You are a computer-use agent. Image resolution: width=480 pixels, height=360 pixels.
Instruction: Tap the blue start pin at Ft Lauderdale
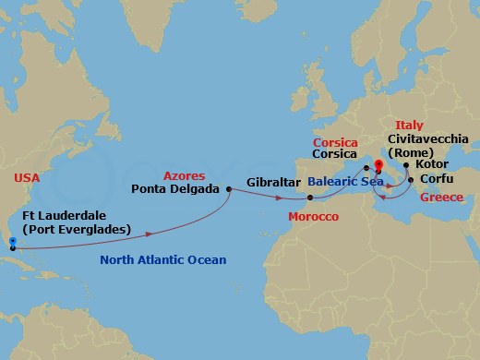12,244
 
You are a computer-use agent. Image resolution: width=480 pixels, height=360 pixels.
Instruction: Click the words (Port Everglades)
77,229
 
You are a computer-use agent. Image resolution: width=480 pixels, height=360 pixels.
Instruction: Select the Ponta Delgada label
175,188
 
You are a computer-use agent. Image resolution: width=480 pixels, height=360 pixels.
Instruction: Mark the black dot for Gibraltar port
310,198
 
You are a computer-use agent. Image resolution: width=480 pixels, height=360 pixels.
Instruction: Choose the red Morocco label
313,216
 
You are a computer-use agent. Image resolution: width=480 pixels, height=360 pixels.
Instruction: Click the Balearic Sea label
345,182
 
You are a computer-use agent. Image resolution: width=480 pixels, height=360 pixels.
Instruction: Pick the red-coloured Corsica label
335,143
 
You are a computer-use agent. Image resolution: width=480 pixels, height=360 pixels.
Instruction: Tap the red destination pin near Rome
378,167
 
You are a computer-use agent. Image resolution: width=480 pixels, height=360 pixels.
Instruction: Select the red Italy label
409,125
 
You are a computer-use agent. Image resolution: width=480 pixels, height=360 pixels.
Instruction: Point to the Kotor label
432,164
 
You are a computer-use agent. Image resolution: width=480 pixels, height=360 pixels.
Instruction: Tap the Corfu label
436,179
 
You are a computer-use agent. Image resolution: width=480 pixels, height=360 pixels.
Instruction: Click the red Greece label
441,198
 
